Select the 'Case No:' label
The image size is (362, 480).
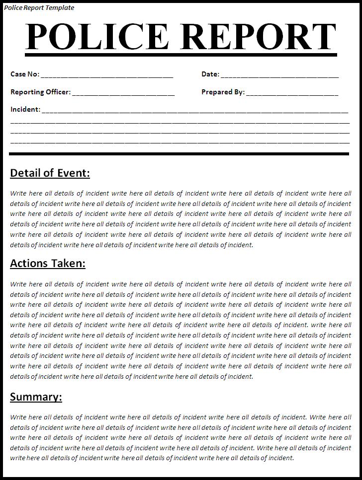[24, 74]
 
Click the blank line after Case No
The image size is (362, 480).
[107, 76]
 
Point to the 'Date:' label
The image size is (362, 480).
[210, 74]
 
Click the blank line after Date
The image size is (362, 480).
[279, 76]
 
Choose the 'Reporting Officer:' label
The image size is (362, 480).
[40, 92]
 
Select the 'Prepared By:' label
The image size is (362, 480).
[223, 92]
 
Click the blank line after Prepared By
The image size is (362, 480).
[292, 94]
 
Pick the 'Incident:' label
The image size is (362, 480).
[25, 109]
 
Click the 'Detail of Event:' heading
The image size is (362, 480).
[50, 173]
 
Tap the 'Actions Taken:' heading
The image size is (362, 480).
[48, 264]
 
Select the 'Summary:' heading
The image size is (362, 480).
[36, 397]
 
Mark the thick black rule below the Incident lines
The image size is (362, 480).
[179, 154]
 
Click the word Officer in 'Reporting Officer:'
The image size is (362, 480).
[58, 92]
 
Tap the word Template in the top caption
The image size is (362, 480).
[59, 7]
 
